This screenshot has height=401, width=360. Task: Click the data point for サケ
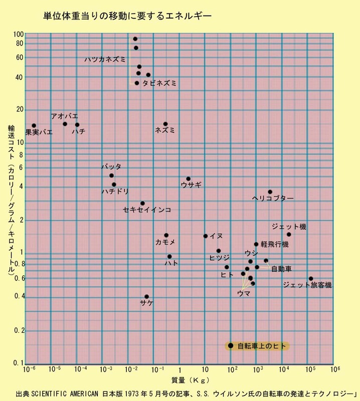click(x=146, y=297)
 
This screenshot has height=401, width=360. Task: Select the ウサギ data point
click(x=189, y=178)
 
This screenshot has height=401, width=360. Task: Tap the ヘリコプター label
click(x=273, y=198)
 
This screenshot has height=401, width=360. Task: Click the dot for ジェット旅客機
click(x=311, y=279)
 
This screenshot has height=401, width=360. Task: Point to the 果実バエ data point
click(x=34, y=125)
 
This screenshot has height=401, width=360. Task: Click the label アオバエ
click(x=64, y=116)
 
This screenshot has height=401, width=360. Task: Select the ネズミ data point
click(x=165, y=124)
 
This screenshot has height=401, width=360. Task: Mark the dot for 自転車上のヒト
click(x=231, y=345)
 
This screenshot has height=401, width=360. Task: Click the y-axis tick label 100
click(x=19, y=35)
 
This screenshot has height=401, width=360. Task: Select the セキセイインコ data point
click(x=142, y=203)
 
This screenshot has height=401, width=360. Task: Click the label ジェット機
click(x=289, y=227)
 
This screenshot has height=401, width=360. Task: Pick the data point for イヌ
click(x=206, y=236)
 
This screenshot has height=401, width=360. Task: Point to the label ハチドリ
click(x=115, y=191)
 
